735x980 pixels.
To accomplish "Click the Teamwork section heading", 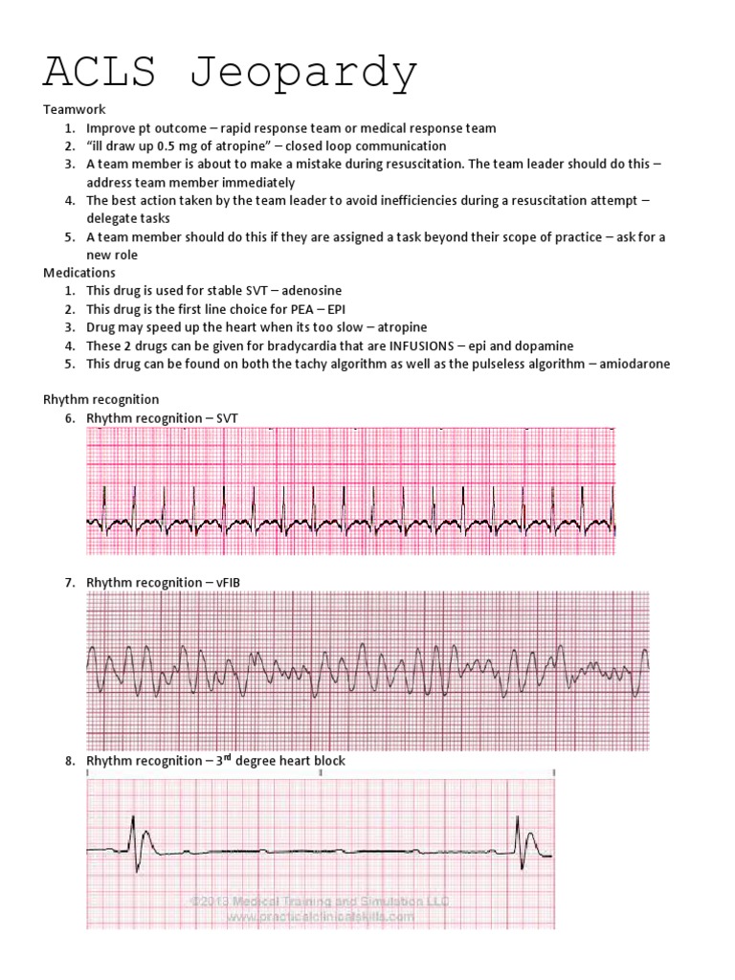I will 75,111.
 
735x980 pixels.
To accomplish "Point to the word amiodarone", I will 636,364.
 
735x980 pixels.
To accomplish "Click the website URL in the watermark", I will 320,917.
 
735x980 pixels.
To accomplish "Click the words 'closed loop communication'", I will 368,146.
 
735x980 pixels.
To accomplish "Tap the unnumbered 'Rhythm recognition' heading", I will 100,399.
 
